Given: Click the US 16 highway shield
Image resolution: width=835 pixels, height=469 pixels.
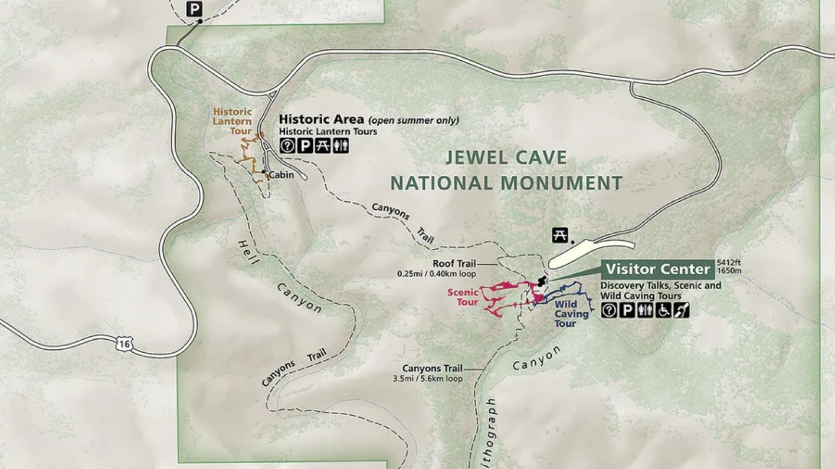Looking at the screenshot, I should pos(124,343).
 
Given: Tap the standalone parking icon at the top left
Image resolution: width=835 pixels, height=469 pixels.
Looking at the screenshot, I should pos(194,9).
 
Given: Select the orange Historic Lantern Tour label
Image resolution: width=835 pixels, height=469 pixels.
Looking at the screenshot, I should pos(233,121).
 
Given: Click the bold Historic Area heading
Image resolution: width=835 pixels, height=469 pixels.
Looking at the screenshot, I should pos(321,120).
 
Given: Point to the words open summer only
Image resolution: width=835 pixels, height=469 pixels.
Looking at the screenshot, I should pos(414,120).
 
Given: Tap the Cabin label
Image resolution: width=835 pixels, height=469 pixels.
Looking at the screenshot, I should pos(281,175).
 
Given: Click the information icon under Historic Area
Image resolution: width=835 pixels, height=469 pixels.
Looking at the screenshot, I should pos(287,145).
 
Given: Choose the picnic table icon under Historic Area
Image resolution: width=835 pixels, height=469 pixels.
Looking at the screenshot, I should pos(322,145).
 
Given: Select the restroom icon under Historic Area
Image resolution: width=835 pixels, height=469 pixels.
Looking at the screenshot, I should pos(340,145).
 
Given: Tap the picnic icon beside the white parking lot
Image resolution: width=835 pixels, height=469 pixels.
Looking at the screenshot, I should pos(559,235).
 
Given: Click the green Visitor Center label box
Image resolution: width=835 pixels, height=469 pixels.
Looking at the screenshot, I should pos(657,270).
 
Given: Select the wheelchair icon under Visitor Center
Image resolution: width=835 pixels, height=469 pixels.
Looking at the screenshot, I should pos(664,310).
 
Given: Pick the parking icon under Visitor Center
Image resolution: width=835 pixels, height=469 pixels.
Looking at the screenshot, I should pos(627,310).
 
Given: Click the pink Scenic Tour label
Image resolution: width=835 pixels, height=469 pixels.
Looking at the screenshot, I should pos(463,297).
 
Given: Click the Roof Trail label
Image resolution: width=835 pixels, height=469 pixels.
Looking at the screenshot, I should pos(454,264).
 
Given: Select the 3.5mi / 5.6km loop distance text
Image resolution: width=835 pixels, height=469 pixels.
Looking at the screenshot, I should pos(428,379).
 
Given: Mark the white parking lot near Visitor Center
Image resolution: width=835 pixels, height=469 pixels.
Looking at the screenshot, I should pos(590,252).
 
